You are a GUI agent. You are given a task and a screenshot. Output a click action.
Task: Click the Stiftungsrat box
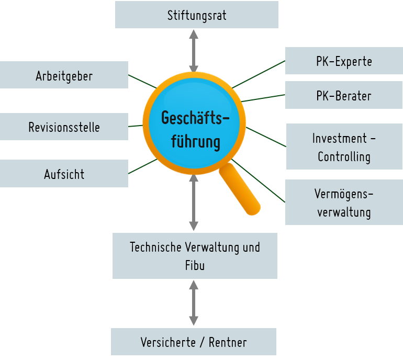196,15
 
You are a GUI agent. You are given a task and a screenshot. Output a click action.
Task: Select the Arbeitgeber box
64,75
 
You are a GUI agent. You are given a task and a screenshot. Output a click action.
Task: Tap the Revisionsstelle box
64,127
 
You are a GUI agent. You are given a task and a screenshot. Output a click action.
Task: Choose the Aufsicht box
64,174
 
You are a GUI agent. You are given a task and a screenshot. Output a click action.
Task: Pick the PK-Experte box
344,61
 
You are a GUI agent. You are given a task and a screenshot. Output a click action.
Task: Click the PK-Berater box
344,95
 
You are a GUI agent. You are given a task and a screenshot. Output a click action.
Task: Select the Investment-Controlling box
344,147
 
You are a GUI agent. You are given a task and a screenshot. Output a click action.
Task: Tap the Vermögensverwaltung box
344,203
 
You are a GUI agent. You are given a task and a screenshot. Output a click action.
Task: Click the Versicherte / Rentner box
194,342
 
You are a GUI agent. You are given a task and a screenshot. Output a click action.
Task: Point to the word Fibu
195,265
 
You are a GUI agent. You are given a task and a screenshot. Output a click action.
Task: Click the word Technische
155,247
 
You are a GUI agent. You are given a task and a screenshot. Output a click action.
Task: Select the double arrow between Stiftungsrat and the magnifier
194,50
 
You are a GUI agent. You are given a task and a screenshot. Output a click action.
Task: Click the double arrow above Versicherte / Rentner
194,303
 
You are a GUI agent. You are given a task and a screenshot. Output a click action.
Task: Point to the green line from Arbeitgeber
141,82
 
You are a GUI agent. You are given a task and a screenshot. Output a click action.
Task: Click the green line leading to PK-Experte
259,73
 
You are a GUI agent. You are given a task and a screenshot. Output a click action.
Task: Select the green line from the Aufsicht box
141,167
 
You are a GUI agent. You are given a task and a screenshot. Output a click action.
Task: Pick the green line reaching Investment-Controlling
266,137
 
